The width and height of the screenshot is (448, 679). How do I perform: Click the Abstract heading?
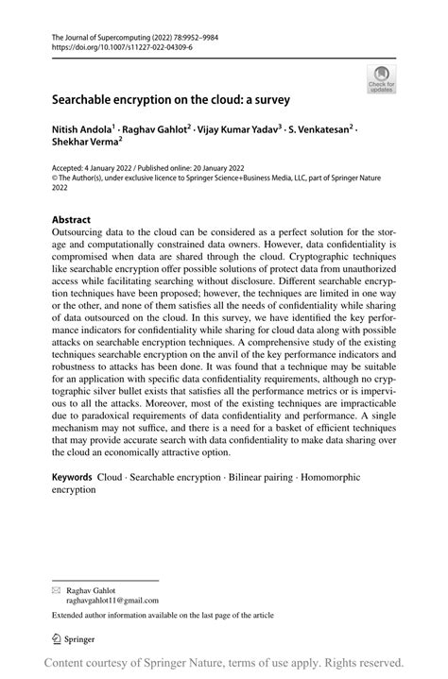click(x=71, y=220)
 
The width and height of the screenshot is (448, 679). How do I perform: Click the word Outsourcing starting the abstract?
click(x=82, y=234)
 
